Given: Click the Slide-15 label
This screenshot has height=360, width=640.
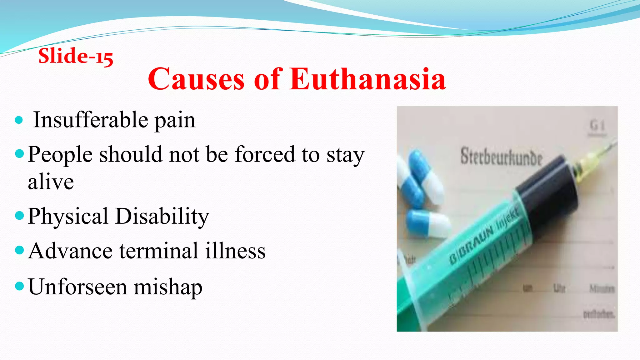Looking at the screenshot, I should click(x=76, y=56).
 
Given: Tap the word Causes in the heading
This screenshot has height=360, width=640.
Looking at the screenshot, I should click(x=196, y=79).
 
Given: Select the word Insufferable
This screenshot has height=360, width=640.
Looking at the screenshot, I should click(x=91, y=120).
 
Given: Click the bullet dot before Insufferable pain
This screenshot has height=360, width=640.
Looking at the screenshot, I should click(x=19, y=120).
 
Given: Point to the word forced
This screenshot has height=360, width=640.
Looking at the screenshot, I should click(x=265, y=154).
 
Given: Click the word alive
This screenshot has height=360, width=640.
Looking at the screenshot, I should click(x=51, y=182).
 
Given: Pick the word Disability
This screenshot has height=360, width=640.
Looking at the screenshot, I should click(x=162, y=216).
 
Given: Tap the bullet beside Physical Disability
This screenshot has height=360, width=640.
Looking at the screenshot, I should click(x=19, y=216).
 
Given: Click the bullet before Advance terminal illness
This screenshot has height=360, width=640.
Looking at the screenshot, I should click(x=19, y=250).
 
